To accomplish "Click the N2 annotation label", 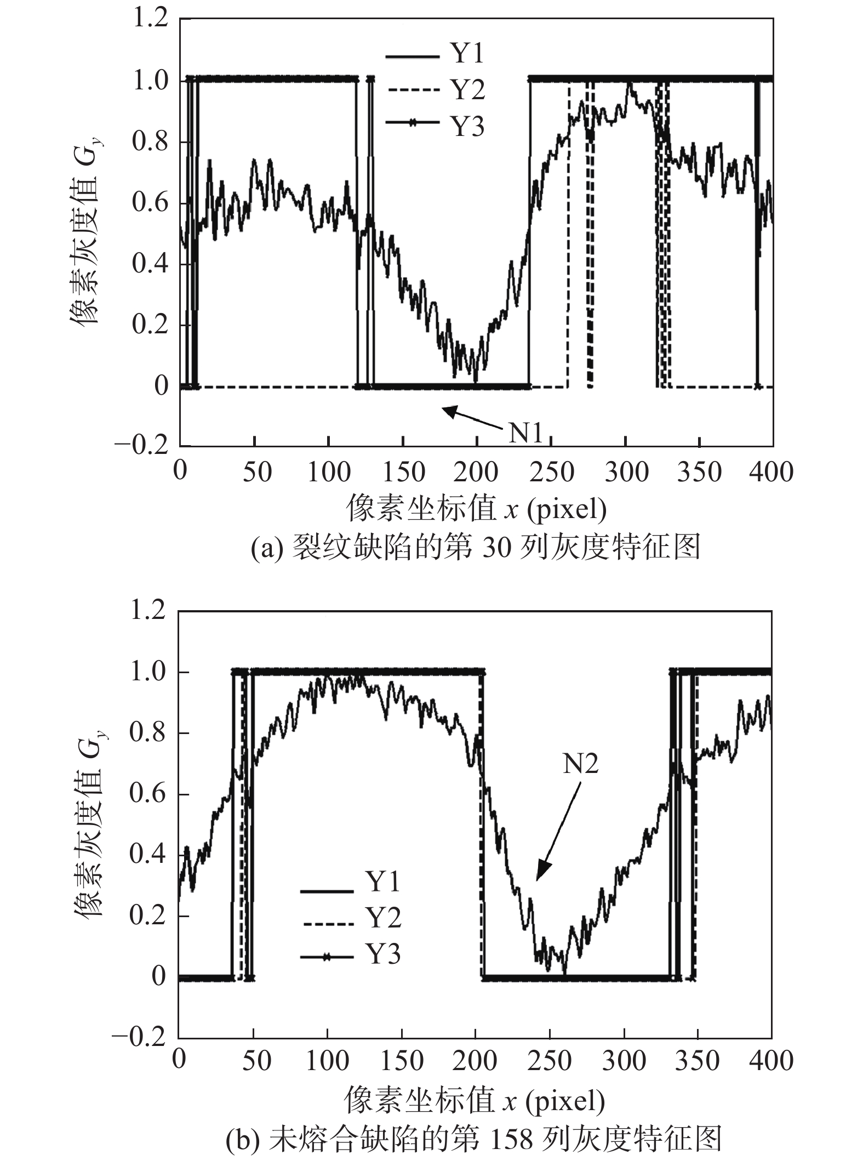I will point(581,764).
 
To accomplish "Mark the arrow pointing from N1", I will point(472,418).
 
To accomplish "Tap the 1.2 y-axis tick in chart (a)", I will point(150,20).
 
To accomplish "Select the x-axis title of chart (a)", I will point(476,509).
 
